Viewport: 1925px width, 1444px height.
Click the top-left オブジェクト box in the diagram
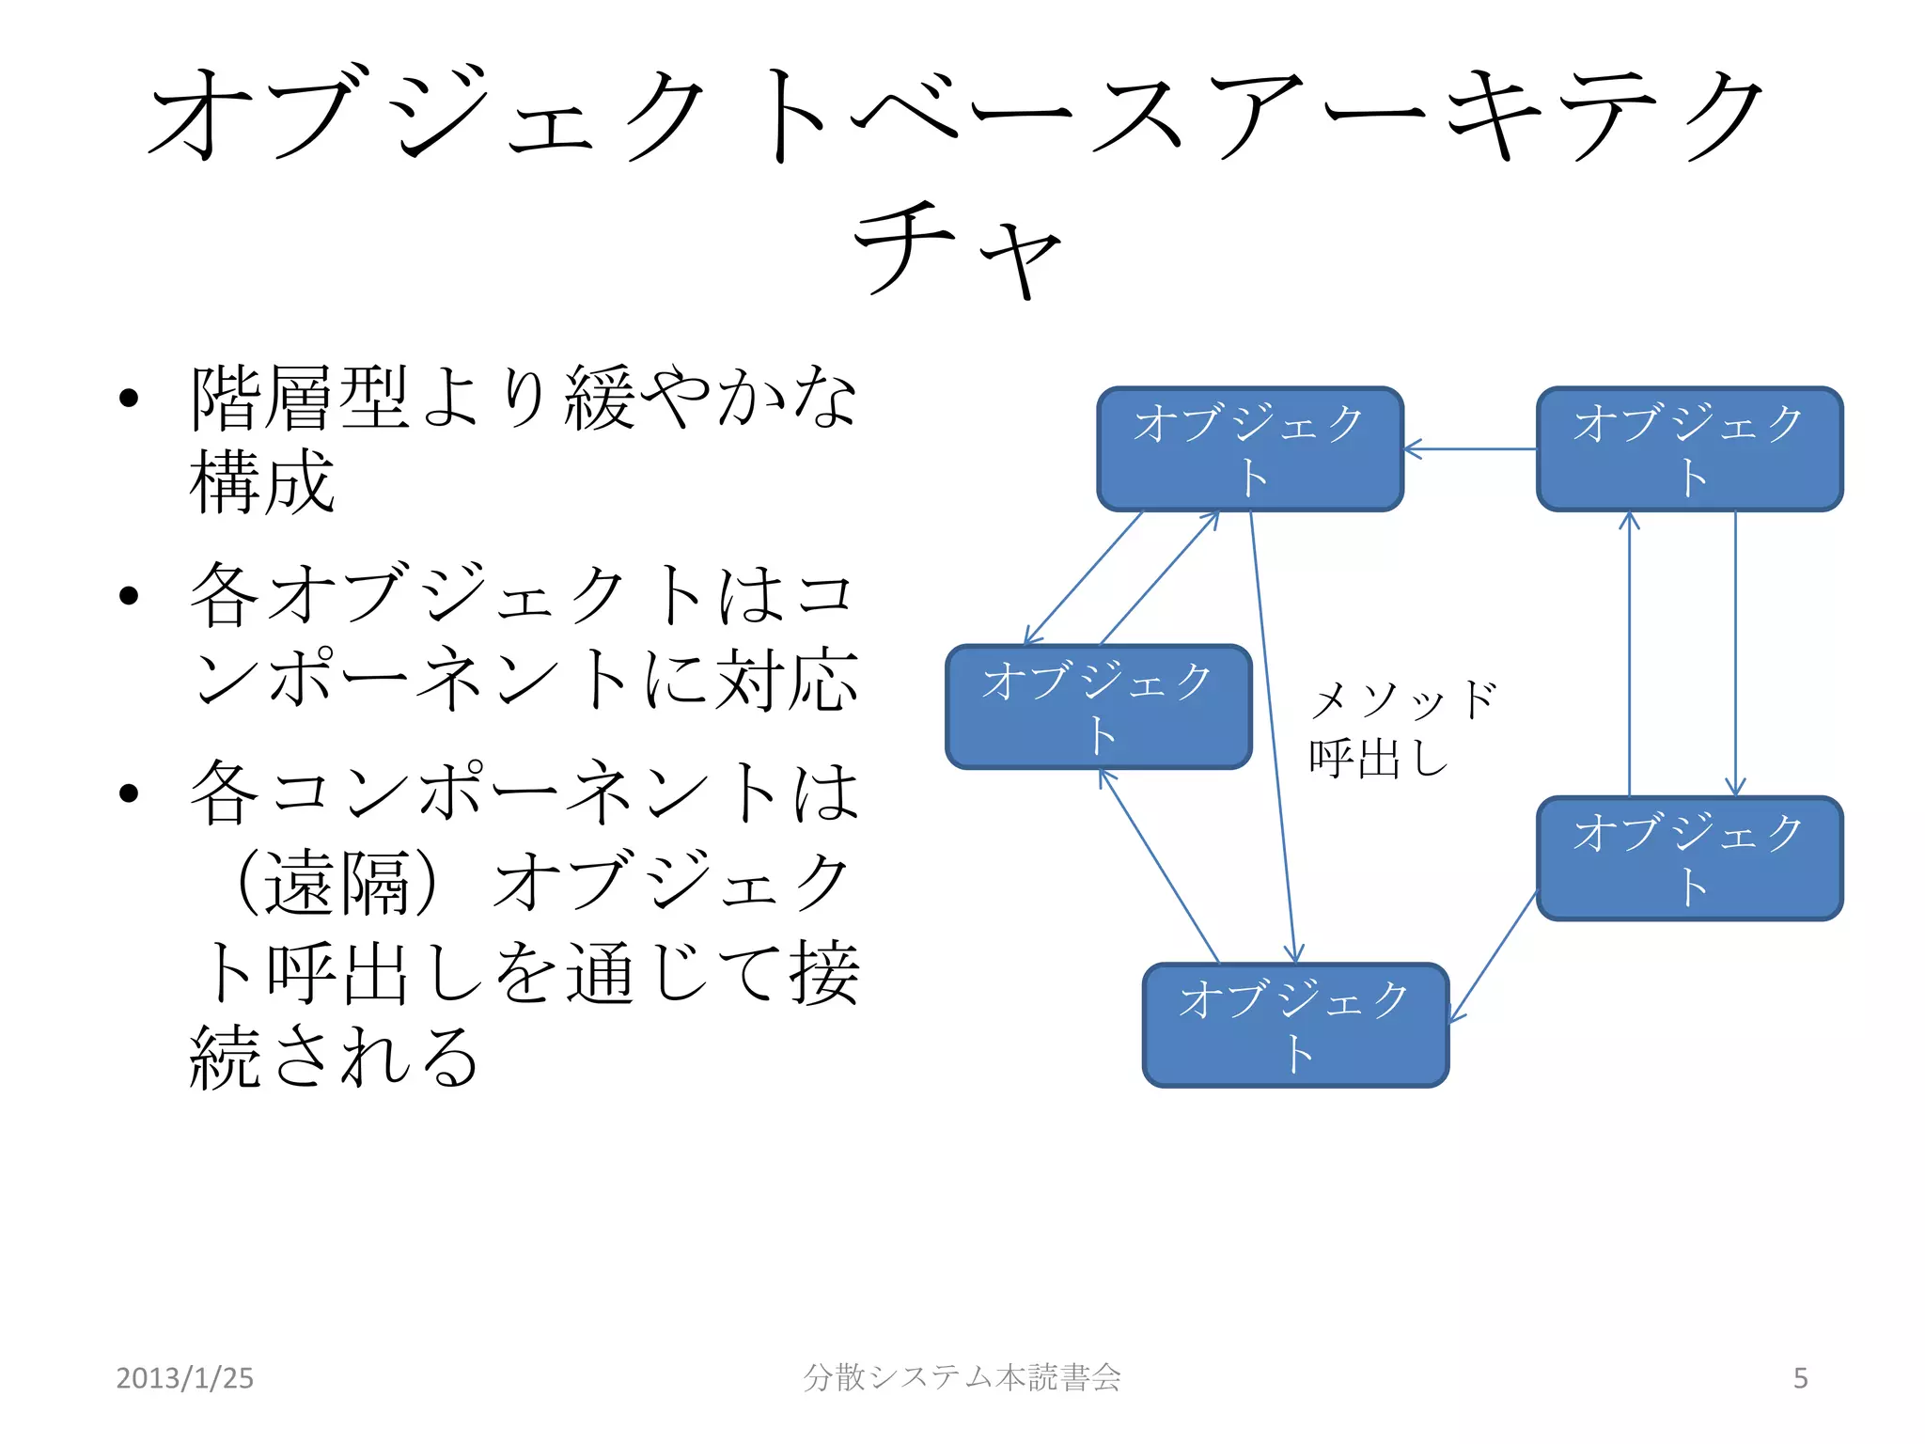1250,449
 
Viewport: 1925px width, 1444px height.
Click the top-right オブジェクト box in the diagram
1689,449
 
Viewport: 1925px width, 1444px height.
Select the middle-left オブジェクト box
1098,707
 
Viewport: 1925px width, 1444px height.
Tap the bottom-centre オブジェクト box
1295,1025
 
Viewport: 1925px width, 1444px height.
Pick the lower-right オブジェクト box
1689,858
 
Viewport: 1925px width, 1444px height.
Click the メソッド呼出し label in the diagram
1401,729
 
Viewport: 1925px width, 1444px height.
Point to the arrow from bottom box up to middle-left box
1159,866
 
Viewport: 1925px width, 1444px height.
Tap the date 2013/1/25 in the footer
184,1378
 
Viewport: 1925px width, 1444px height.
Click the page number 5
1800,1378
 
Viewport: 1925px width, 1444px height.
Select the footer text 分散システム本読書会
962,1377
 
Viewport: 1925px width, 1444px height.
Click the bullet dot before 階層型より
129,399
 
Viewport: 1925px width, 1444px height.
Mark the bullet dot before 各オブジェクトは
129,596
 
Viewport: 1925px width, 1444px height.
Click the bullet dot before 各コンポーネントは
129,793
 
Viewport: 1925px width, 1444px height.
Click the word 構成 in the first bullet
262,481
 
